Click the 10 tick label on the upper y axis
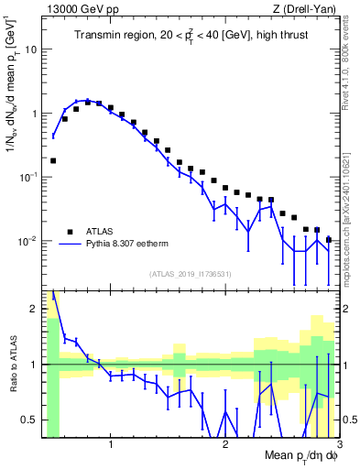pyautogui.click(x=30, y=49)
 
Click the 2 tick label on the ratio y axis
pyautogui.click(x=33, y=309)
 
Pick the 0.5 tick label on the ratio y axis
pyautogui.click(x=29, y=420)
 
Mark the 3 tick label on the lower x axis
pyautogui.click(x=339, y=444)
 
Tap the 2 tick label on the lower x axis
pyautogui.click(x=225, y=444)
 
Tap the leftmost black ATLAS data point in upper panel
pyautogui.click(x=53, y=160)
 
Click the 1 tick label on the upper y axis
pyautogui.click(x=33, y=114)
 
